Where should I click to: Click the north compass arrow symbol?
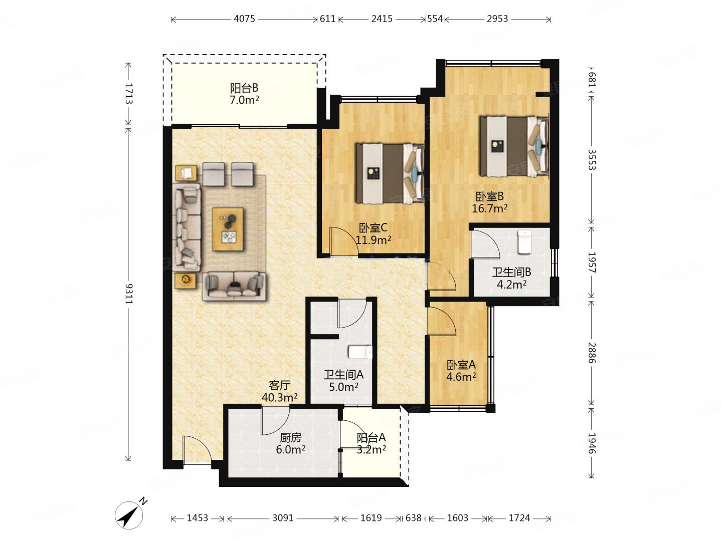coord(129,515)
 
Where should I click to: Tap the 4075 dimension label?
coord(244,19)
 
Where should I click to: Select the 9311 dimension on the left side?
coord(129,294)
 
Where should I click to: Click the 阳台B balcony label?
coord(244,88)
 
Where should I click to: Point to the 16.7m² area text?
coord(489,208)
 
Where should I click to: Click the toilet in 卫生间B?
coord(524,242)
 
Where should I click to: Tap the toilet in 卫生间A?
coord(360,352)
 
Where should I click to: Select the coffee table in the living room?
coord(228,229)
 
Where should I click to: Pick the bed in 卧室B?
coord(514,146)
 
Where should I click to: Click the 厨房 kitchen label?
coord(290,437)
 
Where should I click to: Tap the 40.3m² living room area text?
coord(280,398)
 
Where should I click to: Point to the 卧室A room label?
coord(461,365)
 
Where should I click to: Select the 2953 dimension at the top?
coord(497,19)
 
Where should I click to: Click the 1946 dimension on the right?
coord(592,443)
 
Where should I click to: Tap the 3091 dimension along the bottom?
coord(283,518)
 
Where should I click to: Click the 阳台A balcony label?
coord(371,437)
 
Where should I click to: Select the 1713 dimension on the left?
coord(129,94)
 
